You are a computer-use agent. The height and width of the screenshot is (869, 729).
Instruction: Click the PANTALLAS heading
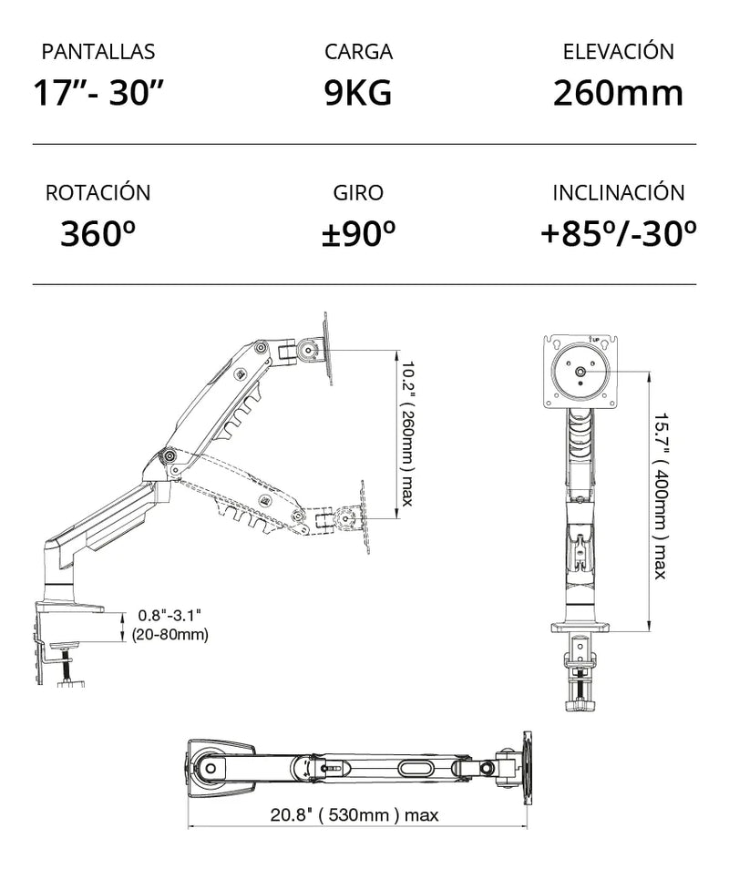click(x=98, y=52)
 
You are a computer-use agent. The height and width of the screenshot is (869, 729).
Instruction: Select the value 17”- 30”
click(x=99, y=92)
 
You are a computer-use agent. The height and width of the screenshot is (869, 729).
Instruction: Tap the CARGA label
click(x=359, y=52)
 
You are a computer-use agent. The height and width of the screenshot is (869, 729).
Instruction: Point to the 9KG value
click(x=358, y=92)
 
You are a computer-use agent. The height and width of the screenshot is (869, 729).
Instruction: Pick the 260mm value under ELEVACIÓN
click(x=618, y=93)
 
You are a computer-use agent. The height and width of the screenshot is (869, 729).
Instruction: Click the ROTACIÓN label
click(x=98, y=192)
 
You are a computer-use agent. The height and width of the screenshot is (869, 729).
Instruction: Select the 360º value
click(x=98, y=233)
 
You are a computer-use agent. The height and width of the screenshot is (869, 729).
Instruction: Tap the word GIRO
click(x=358, y=193)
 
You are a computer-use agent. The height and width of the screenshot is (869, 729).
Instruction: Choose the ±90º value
click(x=359, y=233)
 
